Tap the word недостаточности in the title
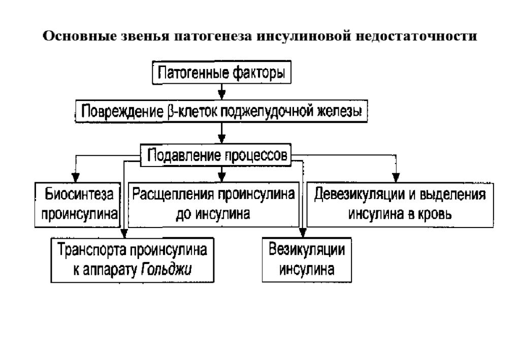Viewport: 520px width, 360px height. (x=416, y=36)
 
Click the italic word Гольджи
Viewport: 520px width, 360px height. (x=166, y=270)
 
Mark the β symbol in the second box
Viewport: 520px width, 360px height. (x=170, y=112)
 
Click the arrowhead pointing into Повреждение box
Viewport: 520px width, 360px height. (x=222, y=94)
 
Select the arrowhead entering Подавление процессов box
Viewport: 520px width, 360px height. (x=222, y=139)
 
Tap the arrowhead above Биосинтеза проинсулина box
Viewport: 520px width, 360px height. (x=76, y=177)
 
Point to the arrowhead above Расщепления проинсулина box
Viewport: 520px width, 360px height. (x=222, y=177)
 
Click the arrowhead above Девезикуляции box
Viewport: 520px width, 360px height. (x=396, y=177)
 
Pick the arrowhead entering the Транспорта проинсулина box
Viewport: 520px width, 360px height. (x=124, y=233)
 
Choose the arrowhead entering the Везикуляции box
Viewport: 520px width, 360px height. (x=303, y=233)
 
